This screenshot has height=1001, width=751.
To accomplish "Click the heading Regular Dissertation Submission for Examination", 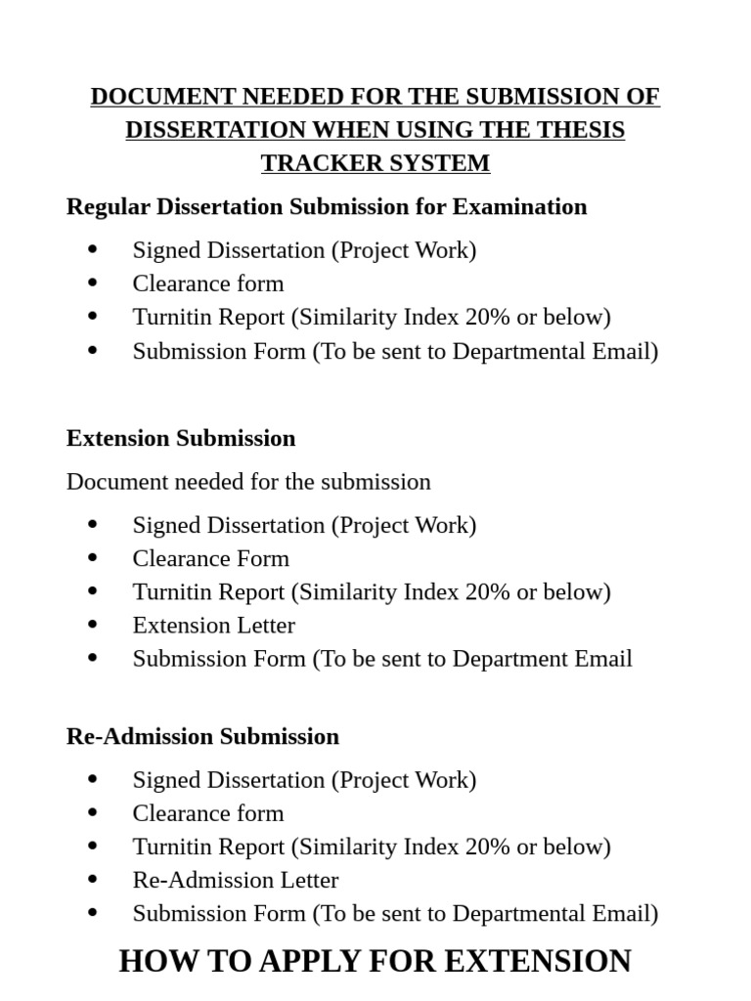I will click(327, 207).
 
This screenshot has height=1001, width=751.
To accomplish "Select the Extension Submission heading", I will click(181, 438).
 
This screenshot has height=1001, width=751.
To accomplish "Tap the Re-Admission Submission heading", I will click(202, 736).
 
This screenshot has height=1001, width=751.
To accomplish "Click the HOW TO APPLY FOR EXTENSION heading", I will click(375, 961).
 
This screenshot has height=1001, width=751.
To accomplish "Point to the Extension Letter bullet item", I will click(213, 626).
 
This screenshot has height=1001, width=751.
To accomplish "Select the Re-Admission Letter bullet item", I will click(236, 880).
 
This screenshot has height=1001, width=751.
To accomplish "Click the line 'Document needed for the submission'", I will click(248, 482).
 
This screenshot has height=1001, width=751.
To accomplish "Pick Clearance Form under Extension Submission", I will click(211, 559).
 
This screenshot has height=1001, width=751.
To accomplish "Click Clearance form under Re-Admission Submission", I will click(208, 813).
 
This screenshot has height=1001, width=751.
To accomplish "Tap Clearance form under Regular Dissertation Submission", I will click(208, 283).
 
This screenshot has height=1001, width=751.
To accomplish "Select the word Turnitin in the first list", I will click(170, 317).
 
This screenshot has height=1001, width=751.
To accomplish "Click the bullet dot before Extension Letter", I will click(93, 625).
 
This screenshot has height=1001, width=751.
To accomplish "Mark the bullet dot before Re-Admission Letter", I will click(93, 879).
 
